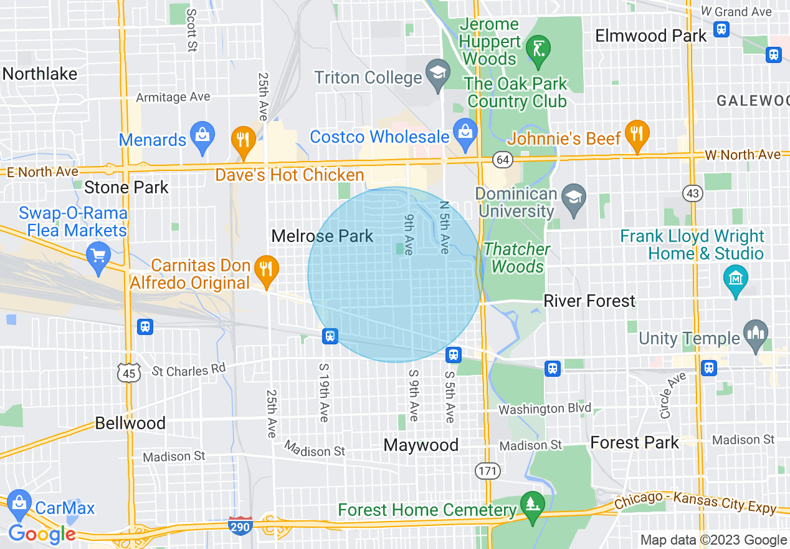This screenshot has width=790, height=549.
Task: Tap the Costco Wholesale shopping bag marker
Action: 465,131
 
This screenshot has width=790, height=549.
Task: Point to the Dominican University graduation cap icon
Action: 573,198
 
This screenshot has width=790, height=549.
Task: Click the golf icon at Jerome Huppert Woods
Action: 537,46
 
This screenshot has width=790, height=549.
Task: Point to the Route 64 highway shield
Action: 502,159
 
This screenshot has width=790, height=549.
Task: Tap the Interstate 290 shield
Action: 240,527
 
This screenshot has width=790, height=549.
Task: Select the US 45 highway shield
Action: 129,373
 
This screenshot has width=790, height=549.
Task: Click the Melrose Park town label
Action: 322,236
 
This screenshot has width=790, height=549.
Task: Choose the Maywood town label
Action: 421,445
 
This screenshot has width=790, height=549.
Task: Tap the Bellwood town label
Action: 130,423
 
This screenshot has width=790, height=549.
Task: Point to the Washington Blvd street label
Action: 545,409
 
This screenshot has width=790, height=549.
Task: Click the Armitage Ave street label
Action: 173,97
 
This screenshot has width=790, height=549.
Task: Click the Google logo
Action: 42,534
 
